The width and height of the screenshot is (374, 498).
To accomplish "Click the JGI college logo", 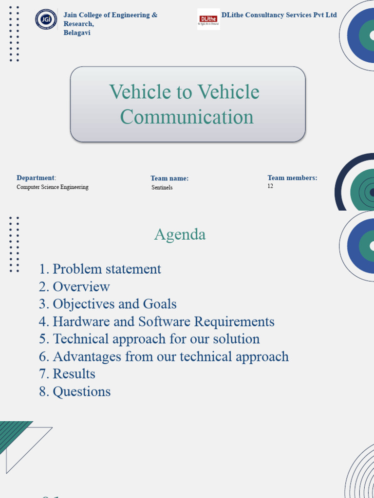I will pos(46,19).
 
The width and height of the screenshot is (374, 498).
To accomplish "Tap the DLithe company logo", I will pos(208,19).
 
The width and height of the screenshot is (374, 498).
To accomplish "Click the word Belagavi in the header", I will pos(77,33).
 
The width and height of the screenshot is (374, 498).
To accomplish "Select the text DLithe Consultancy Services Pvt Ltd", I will pos(279,15).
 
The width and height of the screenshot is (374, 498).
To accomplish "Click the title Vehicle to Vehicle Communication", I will pos(187,104).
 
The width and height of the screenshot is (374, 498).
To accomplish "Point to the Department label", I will pos(36,178).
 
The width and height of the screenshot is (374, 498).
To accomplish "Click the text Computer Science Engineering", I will pos(53,187).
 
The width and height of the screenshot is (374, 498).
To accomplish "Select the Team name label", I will pos(169,178).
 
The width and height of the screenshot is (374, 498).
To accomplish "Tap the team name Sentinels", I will pos(162,188).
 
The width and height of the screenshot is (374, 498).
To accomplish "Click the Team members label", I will pos(292,178).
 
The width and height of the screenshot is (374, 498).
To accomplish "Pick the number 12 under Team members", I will pos(270,186).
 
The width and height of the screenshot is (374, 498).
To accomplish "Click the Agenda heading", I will pos(180,234).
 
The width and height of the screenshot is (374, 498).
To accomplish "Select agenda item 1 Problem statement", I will pos(100,269).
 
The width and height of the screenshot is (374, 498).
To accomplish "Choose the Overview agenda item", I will pos(75,286).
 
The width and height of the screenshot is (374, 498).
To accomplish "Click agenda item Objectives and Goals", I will pos(108,304).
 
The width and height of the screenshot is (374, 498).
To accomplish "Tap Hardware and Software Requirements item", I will pos(157,321).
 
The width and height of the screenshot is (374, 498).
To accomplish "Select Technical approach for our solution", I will pos(150,339).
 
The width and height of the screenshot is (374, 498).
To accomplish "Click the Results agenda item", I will pos(67,374).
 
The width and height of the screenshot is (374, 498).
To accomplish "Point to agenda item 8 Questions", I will pos(75,391).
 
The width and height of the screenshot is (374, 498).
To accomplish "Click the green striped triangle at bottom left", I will pos(12,433).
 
